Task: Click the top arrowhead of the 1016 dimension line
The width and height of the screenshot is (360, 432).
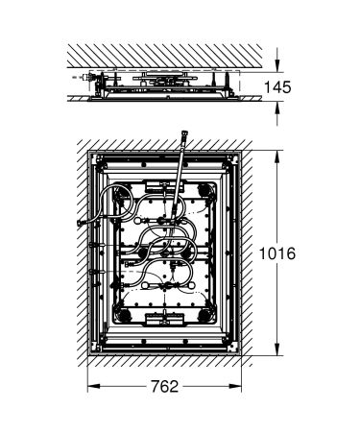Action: tap(279, 151)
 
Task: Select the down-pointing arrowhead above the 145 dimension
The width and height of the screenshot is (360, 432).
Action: tap(279, 64)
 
